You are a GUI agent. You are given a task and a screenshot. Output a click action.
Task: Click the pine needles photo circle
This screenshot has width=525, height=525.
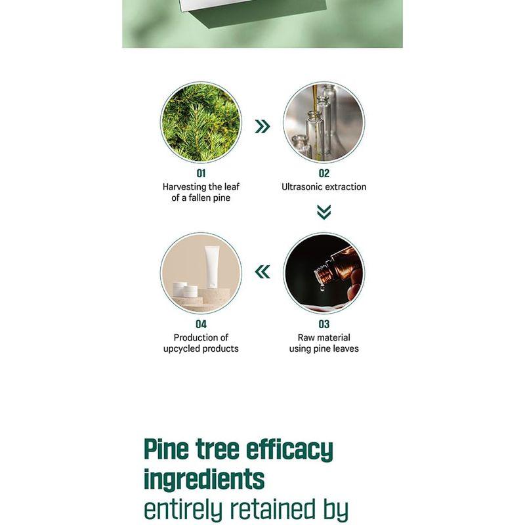point(201,122)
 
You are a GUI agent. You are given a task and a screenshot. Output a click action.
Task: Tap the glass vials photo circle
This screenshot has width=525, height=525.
point(324,122)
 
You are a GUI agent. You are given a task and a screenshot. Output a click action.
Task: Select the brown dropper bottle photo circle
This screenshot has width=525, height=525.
point(324,272)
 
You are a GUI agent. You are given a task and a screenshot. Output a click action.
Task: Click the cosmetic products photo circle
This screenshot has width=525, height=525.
point(201,272)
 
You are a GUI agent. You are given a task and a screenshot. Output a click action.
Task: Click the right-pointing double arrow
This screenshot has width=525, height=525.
point(262,127)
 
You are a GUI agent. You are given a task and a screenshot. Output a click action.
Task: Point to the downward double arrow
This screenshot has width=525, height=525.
point(324,212)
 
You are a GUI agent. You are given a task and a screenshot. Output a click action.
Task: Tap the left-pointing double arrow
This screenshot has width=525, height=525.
point(262,272)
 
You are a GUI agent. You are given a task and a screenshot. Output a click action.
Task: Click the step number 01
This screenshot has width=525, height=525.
point(201,174)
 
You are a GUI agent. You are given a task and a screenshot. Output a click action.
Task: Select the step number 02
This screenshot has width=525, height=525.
point(324,174)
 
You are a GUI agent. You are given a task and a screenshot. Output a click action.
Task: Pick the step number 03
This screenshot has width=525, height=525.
point(324,324)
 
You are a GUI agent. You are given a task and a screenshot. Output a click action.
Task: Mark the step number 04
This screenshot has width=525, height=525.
point(201,324)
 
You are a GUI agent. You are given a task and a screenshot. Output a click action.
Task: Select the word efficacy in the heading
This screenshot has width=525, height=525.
point(289,450)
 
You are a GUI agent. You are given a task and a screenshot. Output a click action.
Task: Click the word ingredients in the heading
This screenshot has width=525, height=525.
point(204,479)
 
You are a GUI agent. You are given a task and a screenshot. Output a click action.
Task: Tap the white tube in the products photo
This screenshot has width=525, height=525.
point(211,264)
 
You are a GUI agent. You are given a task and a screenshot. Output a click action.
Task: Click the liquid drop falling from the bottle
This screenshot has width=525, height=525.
point(322,287)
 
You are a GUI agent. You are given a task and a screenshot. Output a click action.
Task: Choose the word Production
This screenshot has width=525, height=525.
point(195,338)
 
